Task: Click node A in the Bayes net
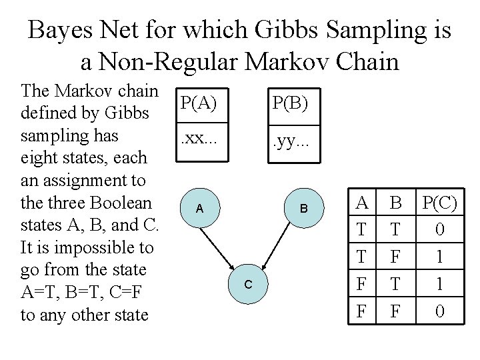(x=200, y=208)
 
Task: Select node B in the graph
(x=304, y=208)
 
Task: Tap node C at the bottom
(x=248, y=284)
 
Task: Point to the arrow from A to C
(x=217, y=249)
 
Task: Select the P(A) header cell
(x=203, y=105)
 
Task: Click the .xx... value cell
(x=203, y=143)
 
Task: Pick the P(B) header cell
(x=294, y=107)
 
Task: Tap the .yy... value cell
(x=294, y=144)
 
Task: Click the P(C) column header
(x=440, y=202)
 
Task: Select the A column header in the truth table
(x=362, y=202)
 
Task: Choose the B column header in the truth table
(x=396, y=202)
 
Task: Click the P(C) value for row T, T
(x=440, y=229)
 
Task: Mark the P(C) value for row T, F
(x=440, y=256)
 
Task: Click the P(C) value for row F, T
(x=440, y=283)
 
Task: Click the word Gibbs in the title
(x=286, y=29)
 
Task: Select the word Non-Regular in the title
(x=168, y=62)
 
